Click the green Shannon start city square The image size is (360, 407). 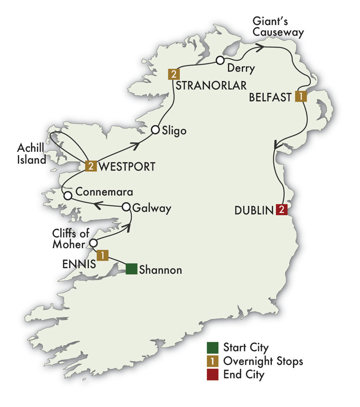tap(132, 269)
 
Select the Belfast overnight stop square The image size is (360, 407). tap(300, 96)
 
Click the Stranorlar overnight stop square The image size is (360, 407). tap(173, 74)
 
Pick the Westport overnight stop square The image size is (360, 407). tap(91, 166)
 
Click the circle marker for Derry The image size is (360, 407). tap(220, 60)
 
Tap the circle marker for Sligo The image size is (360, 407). tap(155, 130)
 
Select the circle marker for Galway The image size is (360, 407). tap(126, 207)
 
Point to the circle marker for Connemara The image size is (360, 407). tap(68, 195)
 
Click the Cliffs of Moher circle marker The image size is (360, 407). tap(94, 242)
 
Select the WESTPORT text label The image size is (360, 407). tap(127, 167)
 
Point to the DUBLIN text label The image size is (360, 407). tap(254, 210)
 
